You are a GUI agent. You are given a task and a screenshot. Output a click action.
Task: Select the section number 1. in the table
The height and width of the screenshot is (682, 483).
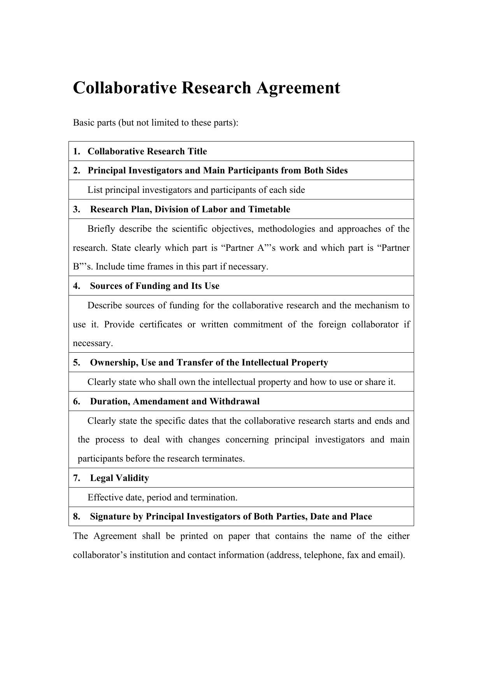76,151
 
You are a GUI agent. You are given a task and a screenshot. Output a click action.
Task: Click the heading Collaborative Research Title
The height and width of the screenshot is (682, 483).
147,151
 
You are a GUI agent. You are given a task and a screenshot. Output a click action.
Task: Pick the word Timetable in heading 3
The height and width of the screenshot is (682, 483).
272,209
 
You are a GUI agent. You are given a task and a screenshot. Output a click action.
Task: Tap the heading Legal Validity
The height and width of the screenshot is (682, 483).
119,478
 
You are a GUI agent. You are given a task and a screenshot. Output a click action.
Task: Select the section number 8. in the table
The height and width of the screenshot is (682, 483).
76,516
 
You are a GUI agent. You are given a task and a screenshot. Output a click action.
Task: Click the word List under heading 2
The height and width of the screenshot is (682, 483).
95,190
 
